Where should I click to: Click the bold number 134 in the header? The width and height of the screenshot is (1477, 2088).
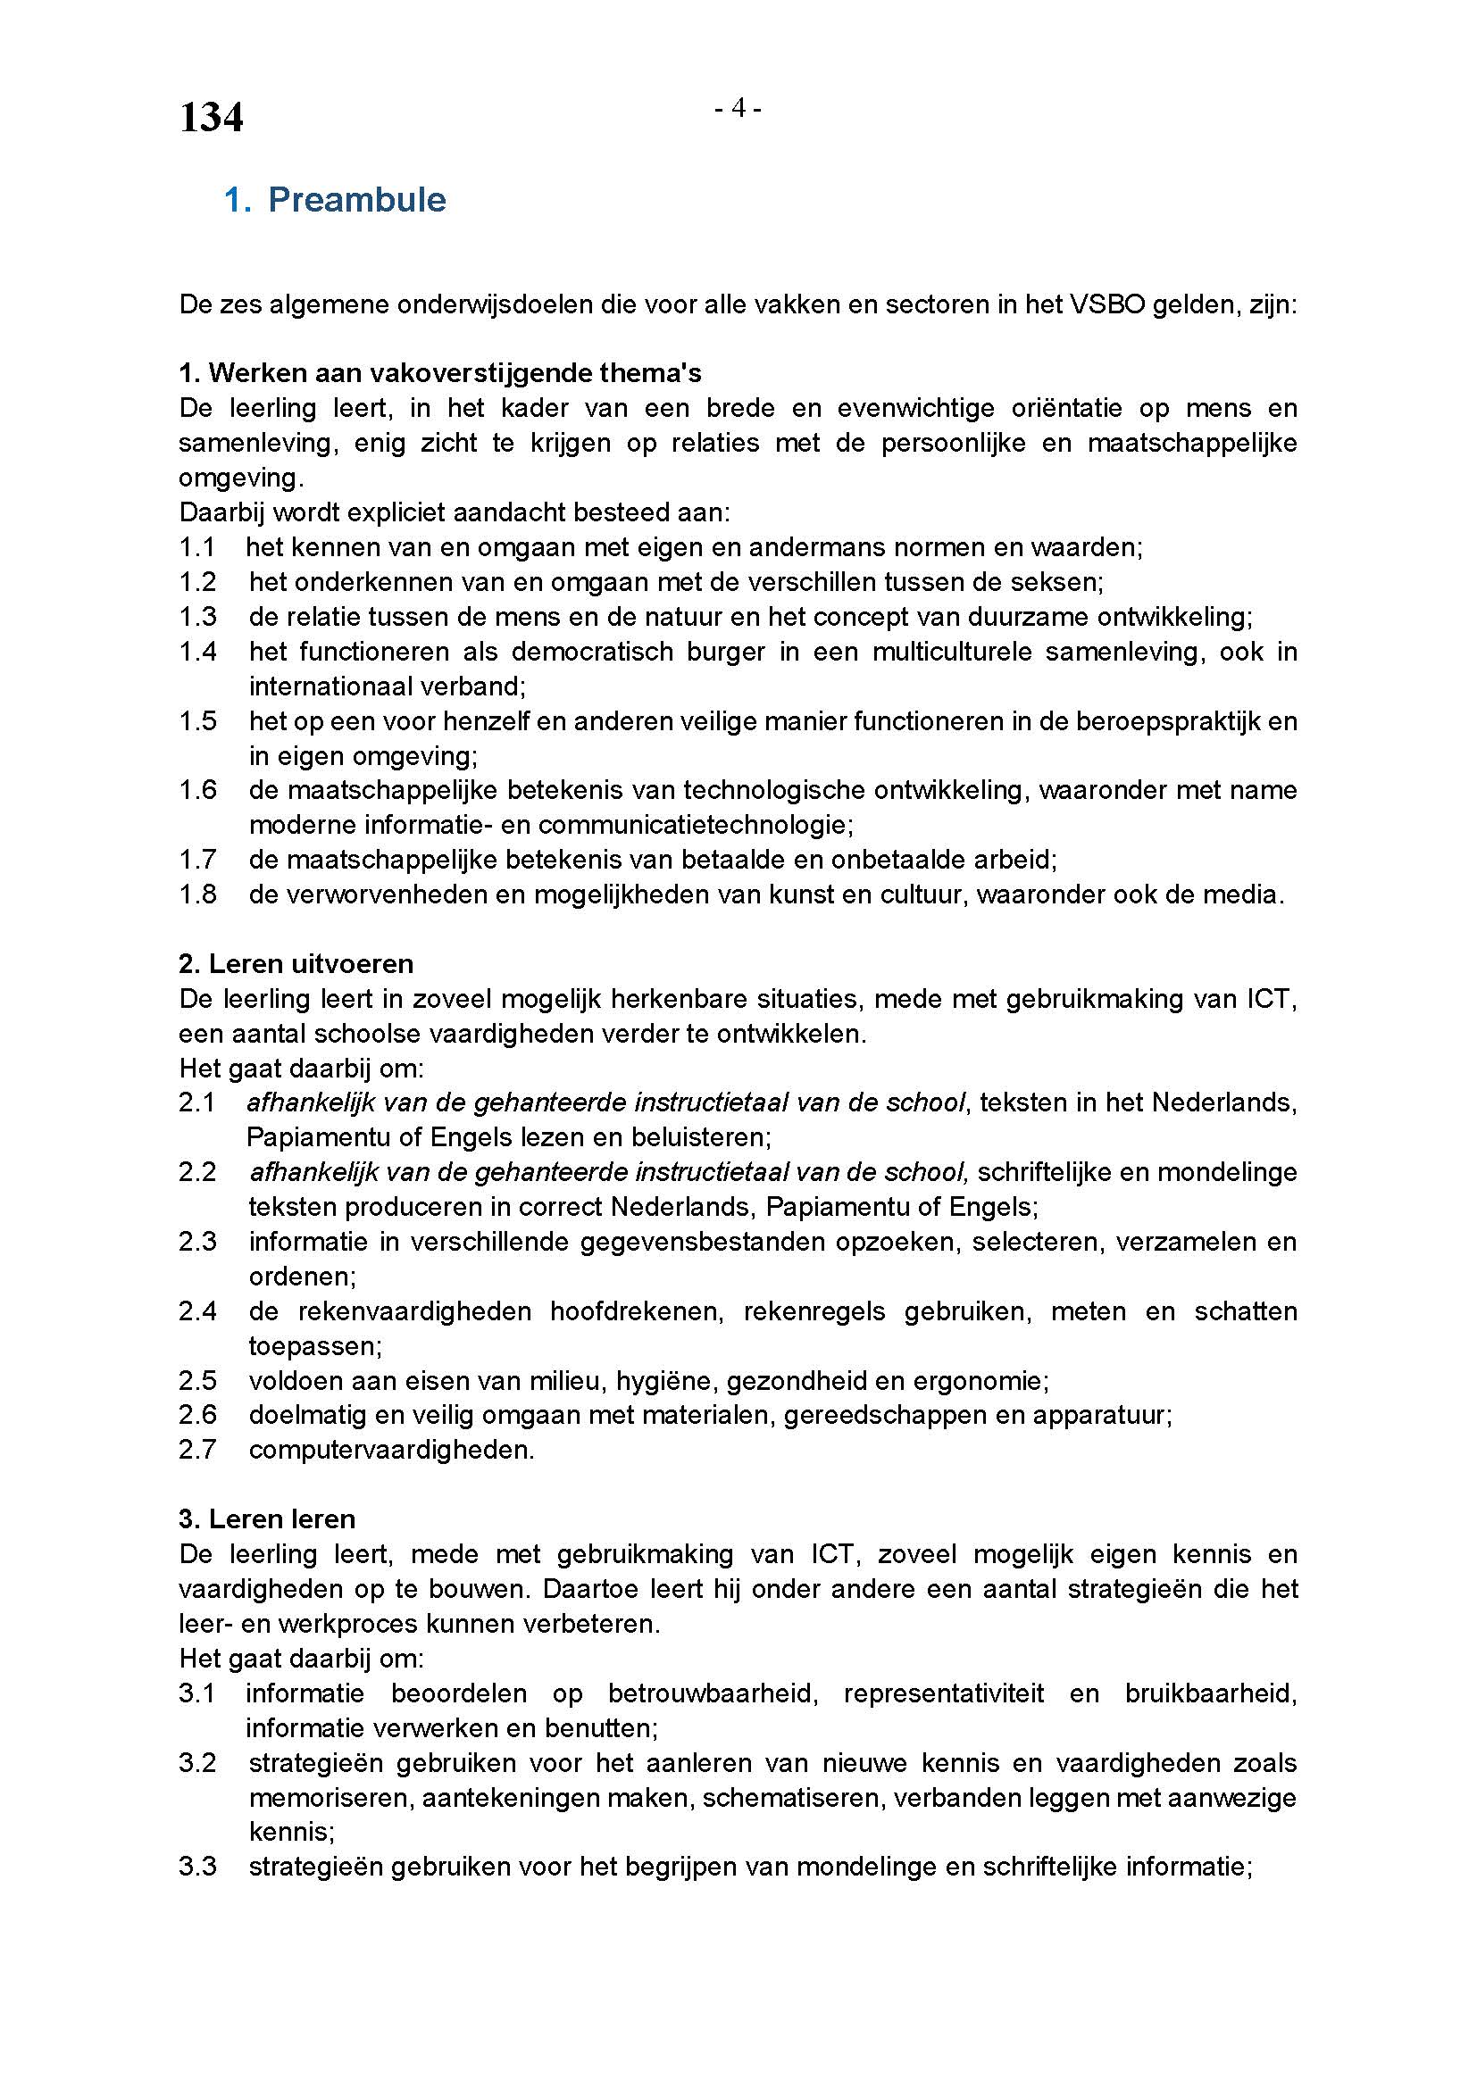211,118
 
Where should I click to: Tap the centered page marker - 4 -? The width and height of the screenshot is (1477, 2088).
738,109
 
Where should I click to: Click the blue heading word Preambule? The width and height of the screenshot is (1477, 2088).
356,200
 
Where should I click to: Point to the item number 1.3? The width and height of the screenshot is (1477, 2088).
197,617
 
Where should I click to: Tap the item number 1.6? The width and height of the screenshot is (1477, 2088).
197,790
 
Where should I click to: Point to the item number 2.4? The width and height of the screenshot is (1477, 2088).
197,1311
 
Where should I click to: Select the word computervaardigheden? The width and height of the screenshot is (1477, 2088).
391,1451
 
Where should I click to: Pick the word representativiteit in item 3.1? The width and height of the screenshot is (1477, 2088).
943,1694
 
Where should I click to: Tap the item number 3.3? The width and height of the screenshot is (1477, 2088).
197,1867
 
